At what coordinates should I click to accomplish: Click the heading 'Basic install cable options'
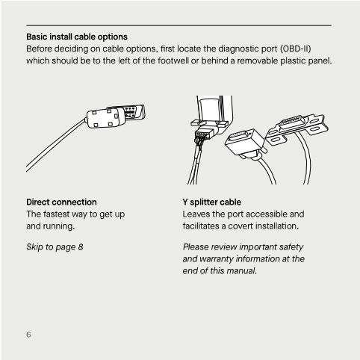pyautogui.click(x=77, y=36)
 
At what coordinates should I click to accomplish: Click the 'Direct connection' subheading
pyautogui.click(x=61, y=202)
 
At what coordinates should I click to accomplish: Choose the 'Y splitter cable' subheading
pyautogui.click(x=211, y=202)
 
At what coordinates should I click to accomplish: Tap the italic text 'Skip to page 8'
pyautogui.click(x=55, y=246)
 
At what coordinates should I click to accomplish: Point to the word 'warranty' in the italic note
pyautogui.click(x=220, y=258)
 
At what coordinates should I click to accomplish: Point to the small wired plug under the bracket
pyautogui.click(x=200, y=137)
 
